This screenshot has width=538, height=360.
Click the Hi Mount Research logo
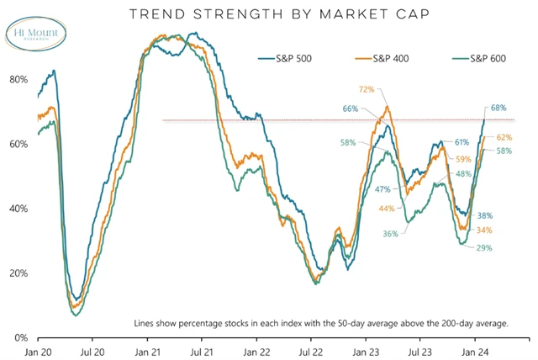(x=29, y=30)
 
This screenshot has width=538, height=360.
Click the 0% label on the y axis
(x=21, y=337)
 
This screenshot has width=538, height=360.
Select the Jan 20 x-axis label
(x=38, y=351)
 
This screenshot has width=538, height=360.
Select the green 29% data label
(x=483, y=248)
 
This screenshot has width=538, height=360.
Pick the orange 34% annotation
(x=483, y=230)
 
